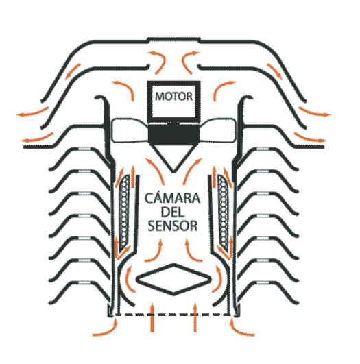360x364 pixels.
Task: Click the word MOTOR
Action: coord(173,97)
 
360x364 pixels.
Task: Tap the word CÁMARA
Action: coord(172,198)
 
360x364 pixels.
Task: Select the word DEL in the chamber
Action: coord(172,212)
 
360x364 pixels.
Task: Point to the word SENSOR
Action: coord(173,226)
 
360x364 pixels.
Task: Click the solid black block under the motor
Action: coord(173,134)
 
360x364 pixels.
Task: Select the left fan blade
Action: coord(130,130)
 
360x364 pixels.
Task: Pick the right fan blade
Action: coord(218,130)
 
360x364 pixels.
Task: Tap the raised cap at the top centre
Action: coord(173,40)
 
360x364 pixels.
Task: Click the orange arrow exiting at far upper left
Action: coord(32,112)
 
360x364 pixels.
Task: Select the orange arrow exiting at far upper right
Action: coord(315,112)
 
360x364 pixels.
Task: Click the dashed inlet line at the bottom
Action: coord(173,315)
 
